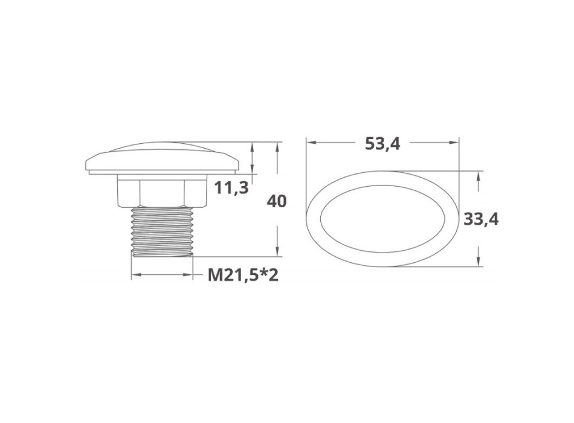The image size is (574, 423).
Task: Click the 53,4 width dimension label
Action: (382, 143)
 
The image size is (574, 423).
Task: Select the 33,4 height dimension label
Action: (481, 219)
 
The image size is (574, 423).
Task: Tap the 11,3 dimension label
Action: (231, 188)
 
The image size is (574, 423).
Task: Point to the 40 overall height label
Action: (276, 201)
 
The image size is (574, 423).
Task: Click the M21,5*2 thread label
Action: (243, 275)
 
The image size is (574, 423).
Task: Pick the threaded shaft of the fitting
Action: (162, 231)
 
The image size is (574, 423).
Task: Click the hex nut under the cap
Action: (162, 190)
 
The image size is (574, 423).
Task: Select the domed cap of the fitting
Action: (162, 158)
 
